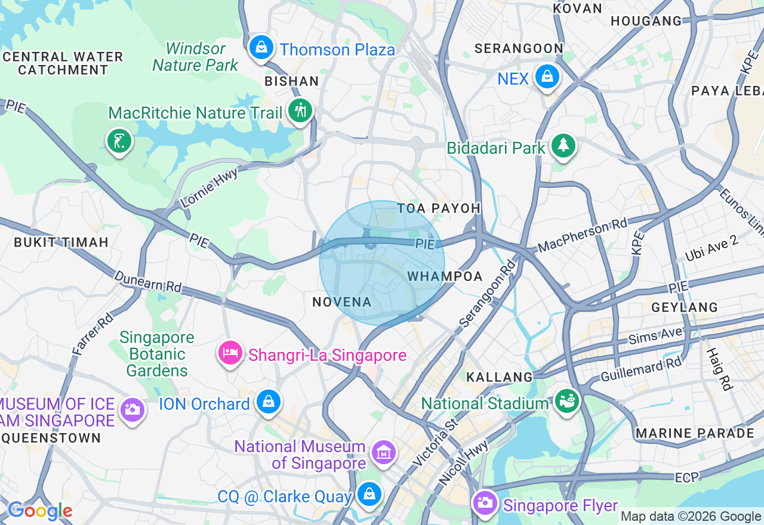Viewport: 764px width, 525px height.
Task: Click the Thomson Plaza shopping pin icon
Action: pyautogui.click(x=261, y=47)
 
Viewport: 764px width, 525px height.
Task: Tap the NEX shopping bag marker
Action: pyautogui.click(x=546, y=76)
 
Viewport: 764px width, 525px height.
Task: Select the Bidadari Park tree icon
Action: pyautogui.click(x=562, y=145)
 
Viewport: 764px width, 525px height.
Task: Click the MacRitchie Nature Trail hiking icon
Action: pyautogui.click(x=300, y=110)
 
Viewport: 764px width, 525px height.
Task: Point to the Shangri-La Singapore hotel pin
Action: pyautogui.click(x=230, y=353)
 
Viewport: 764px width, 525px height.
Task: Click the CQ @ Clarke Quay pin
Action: pyautogui.click(x=369, y=494)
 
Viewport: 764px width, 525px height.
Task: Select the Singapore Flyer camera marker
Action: pyautogui.click(x=486, y=503)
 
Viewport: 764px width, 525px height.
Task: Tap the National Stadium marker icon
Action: pyautogui.click(x=565, y=401)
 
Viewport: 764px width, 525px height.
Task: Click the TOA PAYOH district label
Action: pyautogui.click(x=439, y=208)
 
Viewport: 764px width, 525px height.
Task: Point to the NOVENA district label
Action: pyautogui.click(x=342, y=302)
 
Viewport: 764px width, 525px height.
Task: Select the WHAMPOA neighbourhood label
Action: pyautogui.click(x=445, y=276)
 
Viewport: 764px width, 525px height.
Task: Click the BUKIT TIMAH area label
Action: pyautogui.click(x=61, y=242)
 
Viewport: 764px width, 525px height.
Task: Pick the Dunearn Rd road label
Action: pyautogui.click(x=147, y=282)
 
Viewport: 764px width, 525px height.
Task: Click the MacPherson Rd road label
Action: pyautogui.click(x=583, y=235)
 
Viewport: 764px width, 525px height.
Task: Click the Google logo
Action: pyautogui.click(x=40, y=511)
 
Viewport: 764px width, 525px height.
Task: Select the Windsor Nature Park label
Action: pyautogui.click(x=195, y=57)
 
